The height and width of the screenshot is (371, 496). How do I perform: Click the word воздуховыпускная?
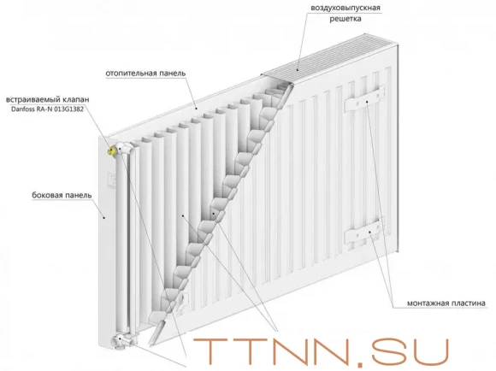(345, 8)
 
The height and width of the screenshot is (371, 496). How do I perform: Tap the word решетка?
(345, 19)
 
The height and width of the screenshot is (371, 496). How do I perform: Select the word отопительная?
(131, 73)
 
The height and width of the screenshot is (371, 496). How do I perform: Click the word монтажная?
(425, 303)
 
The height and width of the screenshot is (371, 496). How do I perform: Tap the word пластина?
(465, 303)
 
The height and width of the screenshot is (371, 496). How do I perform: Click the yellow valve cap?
(112, 150)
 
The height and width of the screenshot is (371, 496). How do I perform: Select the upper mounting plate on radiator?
(364, 98)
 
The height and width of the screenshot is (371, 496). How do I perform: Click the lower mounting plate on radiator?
(364, 231)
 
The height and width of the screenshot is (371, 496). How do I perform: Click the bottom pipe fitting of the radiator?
(121, 341)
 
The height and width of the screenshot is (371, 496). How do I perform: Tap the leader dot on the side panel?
(104, 217)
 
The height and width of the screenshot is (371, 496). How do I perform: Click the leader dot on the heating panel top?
(196, 109)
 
